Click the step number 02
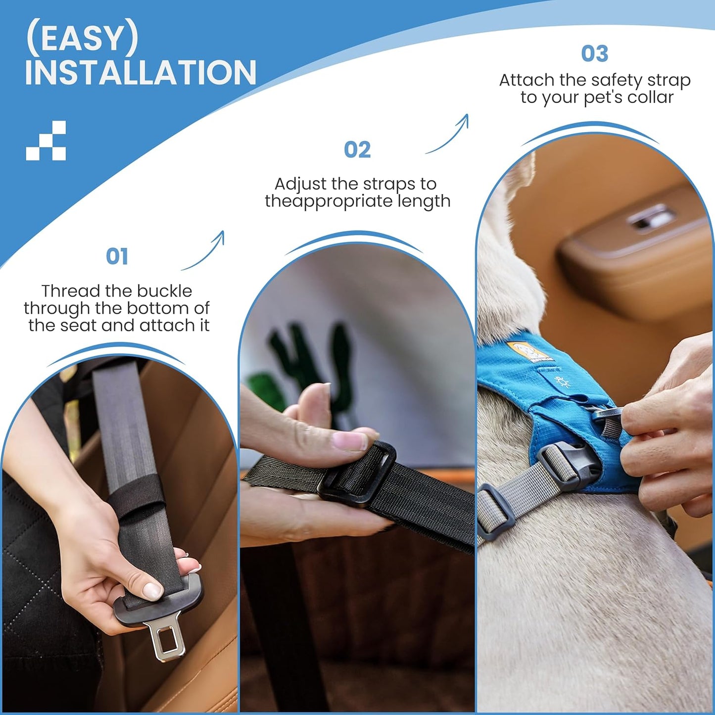pyautogui.click(x=357, y=149)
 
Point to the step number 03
pyautogui.click(x=594, y=53)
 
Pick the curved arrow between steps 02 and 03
pyautogui.click(x=451, y=138)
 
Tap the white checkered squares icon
pyautogui.click(x=46, y=141)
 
